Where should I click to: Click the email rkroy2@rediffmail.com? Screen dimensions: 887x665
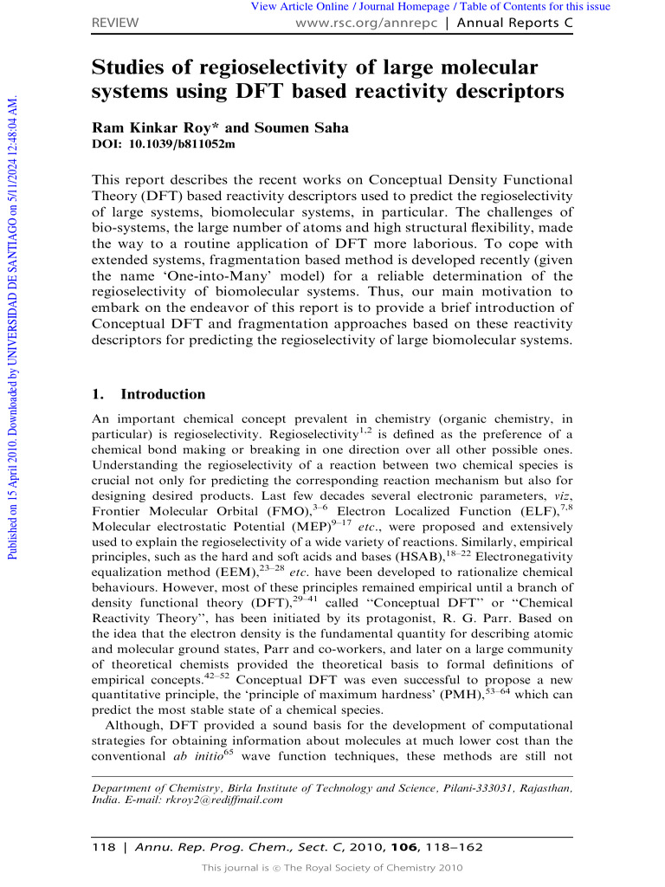tap(227, 800)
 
